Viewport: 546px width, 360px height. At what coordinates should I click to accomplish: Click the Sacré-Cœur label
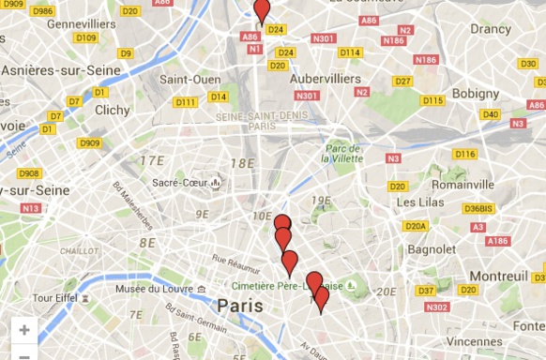[178, 183]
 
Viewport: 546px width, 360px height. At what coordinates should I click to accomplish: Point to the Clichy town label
[113, 110]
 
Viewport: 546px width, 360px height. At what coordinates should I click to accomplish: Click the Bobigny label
[475, 94]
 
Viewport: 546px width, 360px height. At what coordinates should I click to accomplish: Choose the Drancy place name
[491, 29]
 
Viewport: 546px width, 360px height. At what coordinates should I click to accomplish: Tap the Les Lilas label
[418, 202]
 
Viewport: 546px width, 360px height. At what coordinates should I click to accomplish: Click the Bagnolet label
[432, 250]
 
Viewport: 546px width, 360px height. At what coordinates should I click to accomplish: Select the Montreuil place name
[500, 277]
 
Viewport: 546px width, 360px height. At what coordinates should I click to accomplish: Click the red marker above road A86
[262, 11]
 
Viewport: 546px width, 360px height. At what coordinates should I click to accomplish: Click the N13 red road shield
[31, 207]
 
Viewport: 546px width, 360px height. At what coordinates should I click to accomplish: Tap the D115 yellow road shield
[432, 100]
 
